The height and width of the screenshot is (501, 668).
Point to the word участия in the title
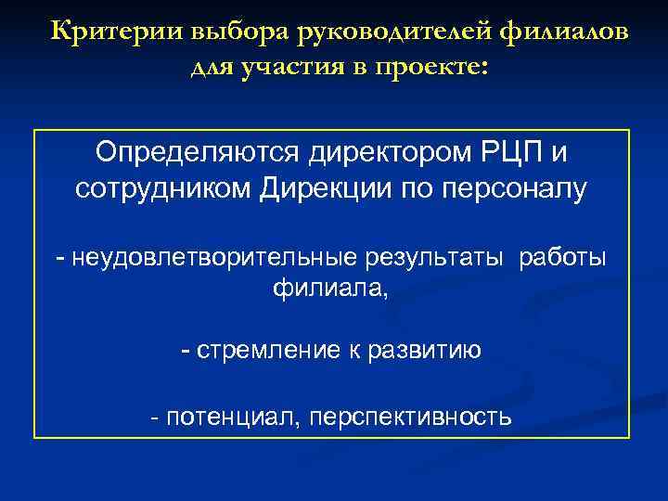point(288,68)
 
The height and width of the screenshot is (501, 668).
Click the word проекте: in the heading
point(431,68)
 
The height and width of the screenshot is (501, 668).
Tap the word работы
point(563,258)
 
